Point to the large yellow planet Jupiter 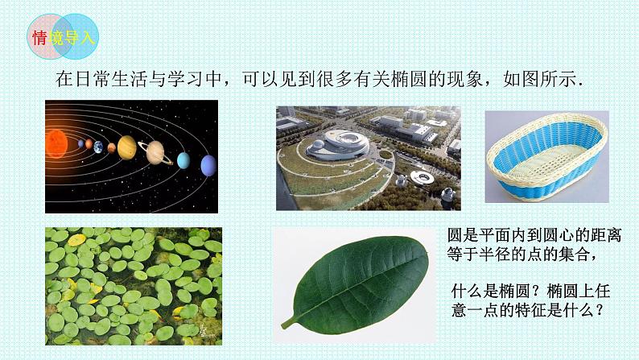[127, 147]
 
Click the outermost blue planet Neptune [208, 165]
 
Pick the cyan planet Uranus [183, 160]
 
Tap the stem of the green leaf [289, 322]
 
